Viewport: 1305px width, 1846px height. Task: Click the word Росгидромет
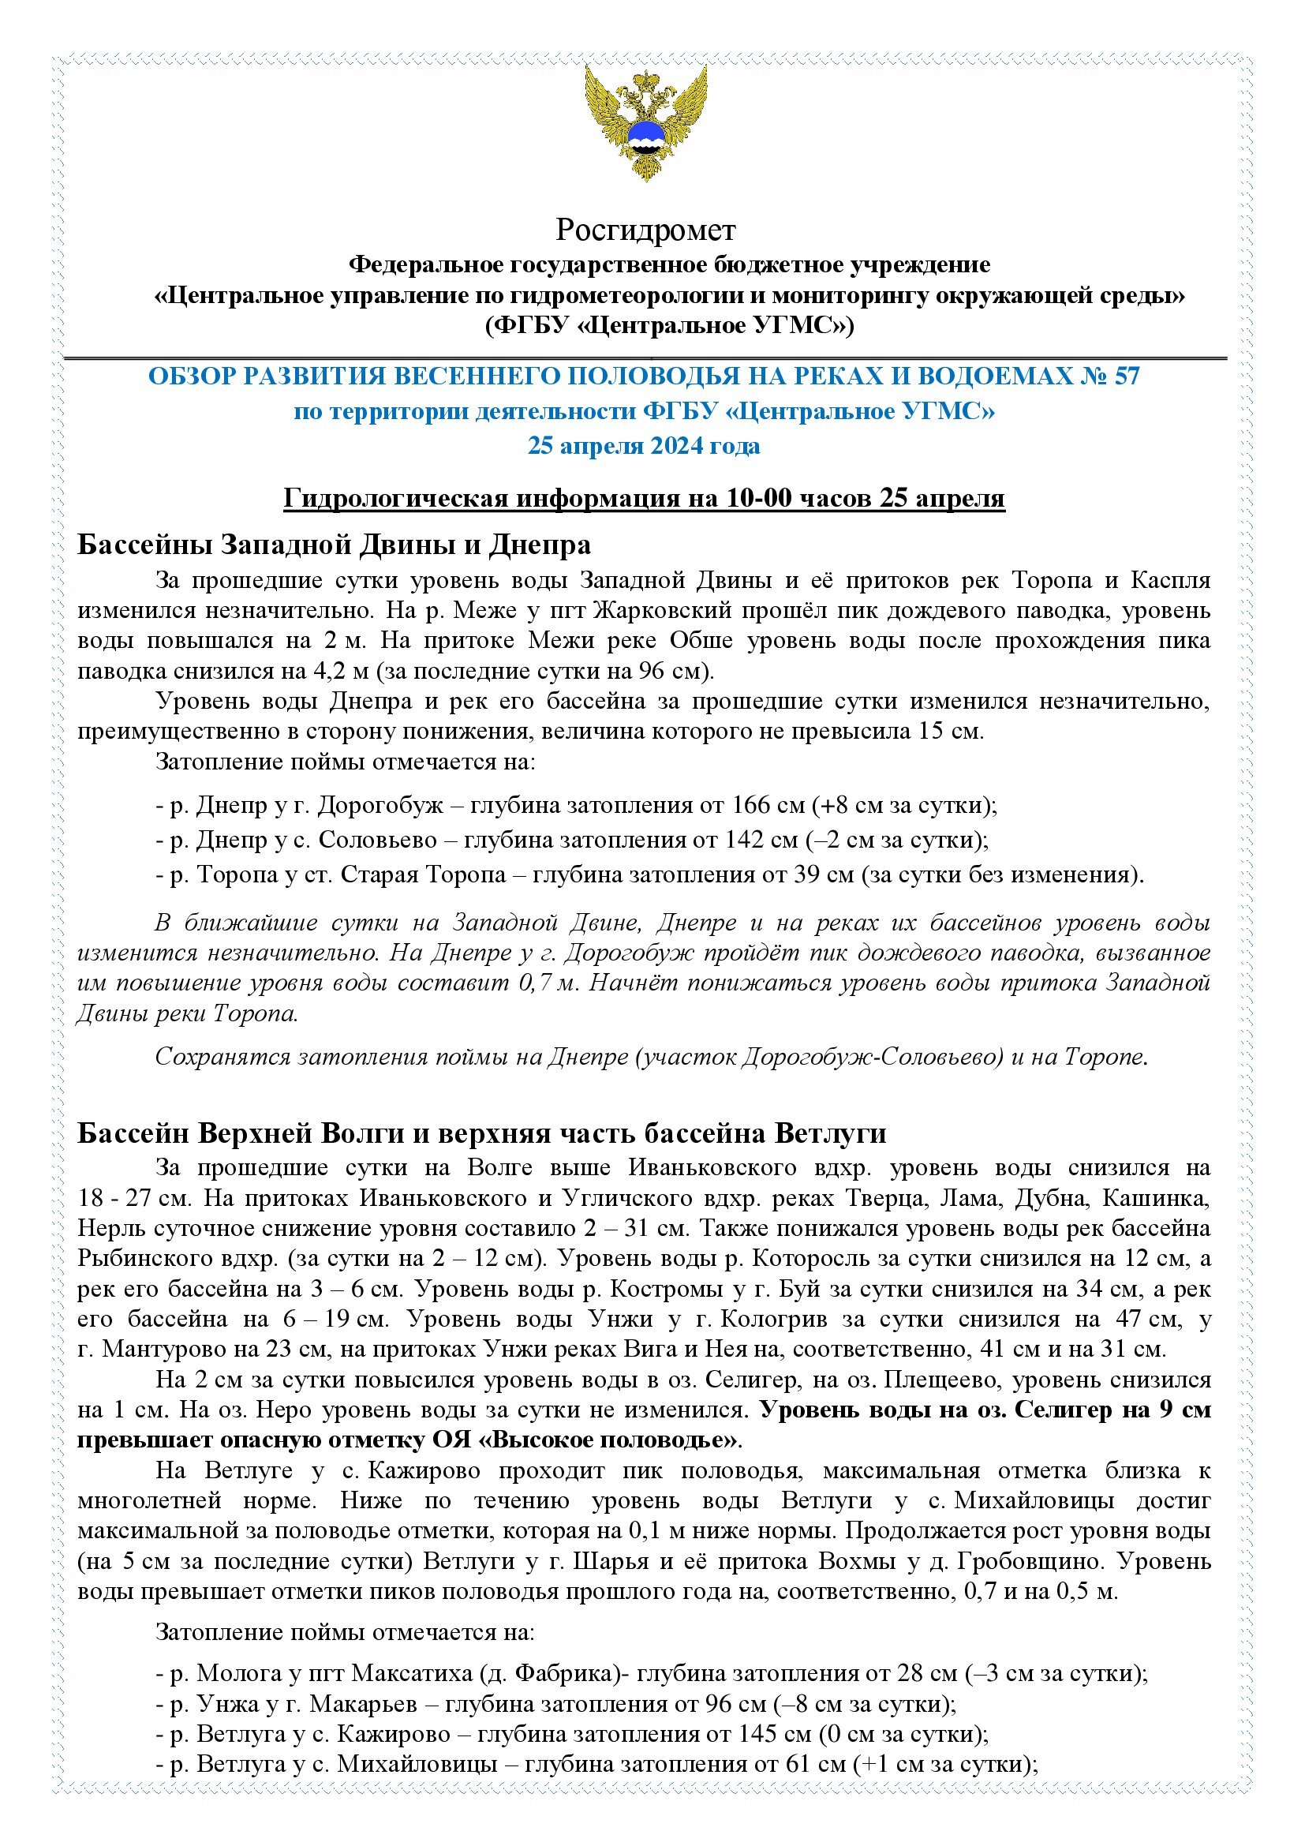(645, 230)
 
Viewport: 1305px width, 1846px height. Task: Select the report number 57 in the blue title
(1126, 376)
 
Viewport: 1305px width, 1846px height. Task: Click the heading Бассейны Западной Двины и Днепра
(335, 545)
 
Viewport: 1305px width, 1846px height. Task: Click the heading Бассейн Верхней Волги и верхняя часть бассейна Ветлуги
(482, 1133)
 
